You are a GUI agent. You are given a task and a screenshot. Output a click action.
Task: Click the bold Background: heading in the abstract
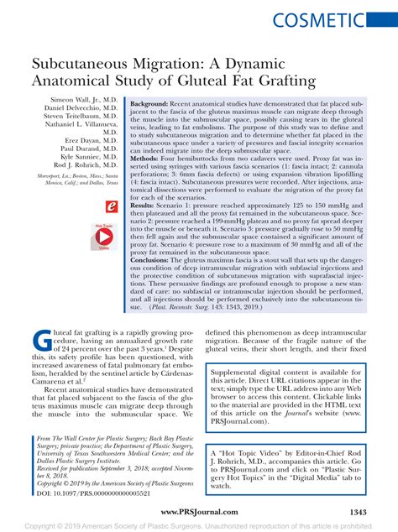[x=154, y=100]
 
